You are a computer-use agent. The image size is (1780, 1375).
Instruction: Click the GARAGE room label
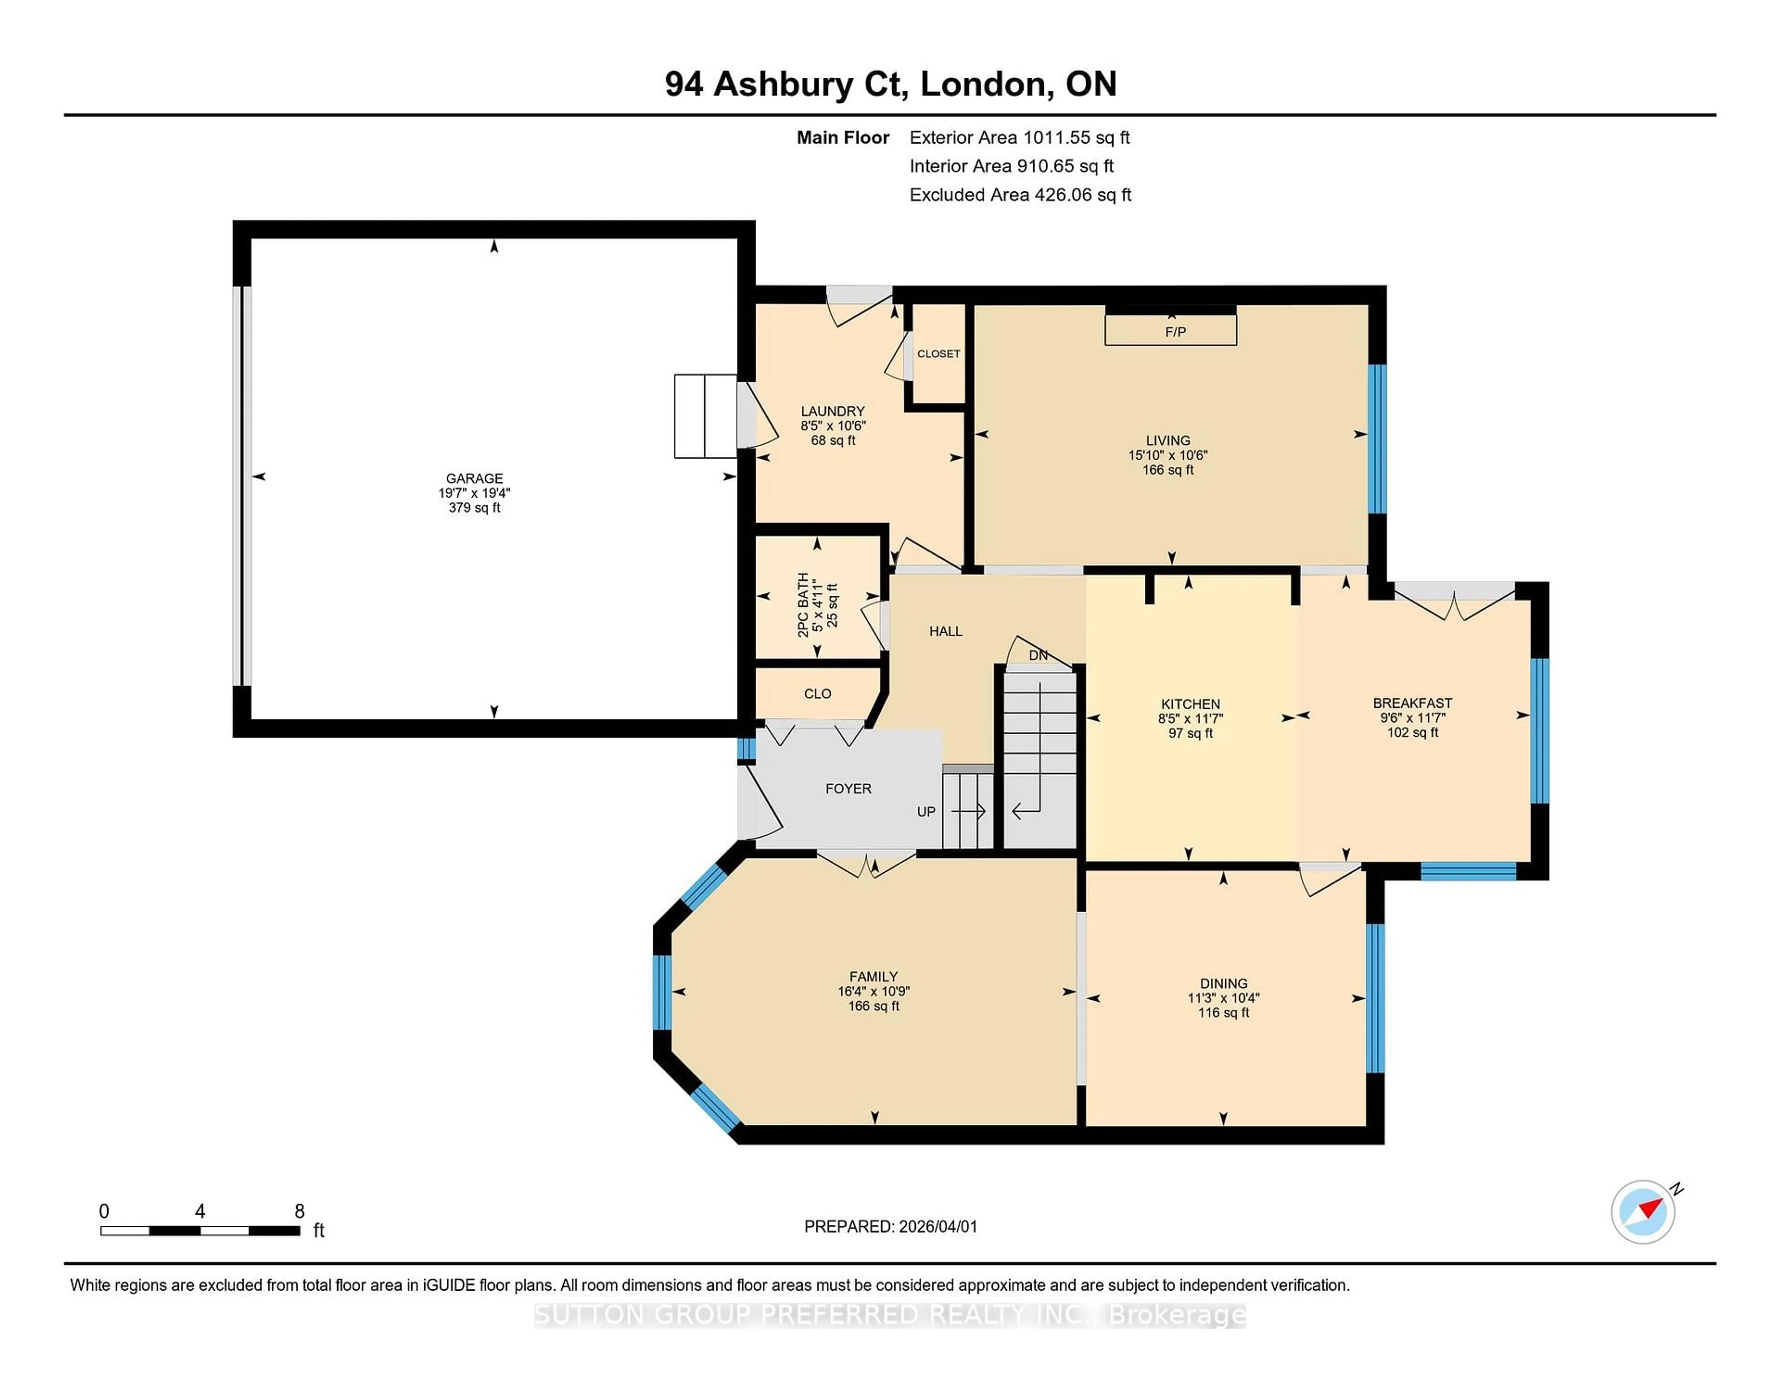click(474, 478)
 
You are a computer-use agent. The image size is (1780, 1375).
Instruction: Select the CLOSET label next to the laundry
click(938, 353)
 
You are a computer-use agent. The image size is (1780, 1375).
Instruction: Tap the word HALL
click(946, 631)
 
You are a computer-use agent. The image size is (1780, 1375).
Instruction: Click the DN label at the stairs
click(1037, 655)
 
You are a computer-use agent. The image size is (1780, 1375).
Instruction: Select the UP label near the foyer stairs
click(926, 811)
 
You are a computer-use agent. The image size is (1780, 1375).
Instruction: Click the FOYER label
click(848, 788)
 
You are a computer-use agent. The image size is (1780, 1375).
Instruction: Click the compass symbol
click(1642, 1211)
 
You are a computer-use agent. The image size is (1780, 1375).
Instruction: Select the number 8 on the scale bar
click(299, 1211)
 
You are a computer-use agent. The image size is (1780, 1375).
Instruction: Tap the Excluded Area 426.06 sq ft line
click(1020, 195)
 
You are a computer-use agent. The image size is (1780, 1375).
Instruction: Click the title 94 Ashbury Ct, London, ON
click(890, 84)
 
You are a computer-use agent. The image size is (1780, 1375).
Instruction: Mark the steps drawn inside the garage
click(705, 416)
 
